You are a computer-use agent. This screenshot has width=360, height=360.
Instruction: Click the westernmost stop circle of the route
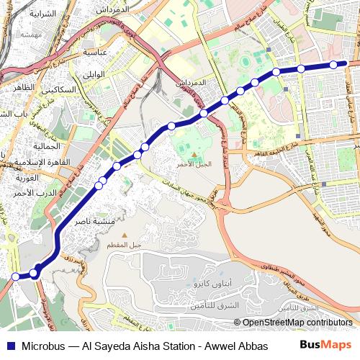(15, 276)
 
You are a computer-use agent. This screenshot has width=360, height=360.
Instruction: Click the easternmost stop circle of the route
(333, 65)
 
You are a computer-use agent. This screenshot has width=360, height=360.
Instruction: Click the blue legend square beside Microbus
(10, 345)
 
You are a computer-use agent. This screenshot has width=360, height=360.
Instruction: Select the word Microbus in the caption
(45, 345)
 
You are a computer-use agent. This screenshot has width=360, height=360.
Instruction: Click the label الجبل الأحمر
(194, 164)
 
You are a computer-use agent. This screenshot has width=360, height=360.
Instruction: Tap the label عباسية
(94, 52)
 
